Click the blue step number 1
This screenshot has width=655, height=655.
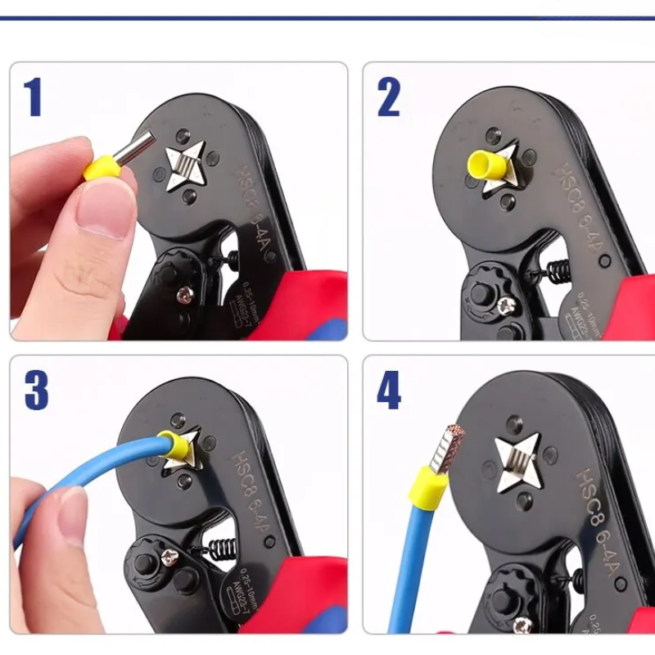tap(33, 97)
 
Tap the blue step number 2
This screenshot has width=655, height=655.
tap(388, 97)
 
